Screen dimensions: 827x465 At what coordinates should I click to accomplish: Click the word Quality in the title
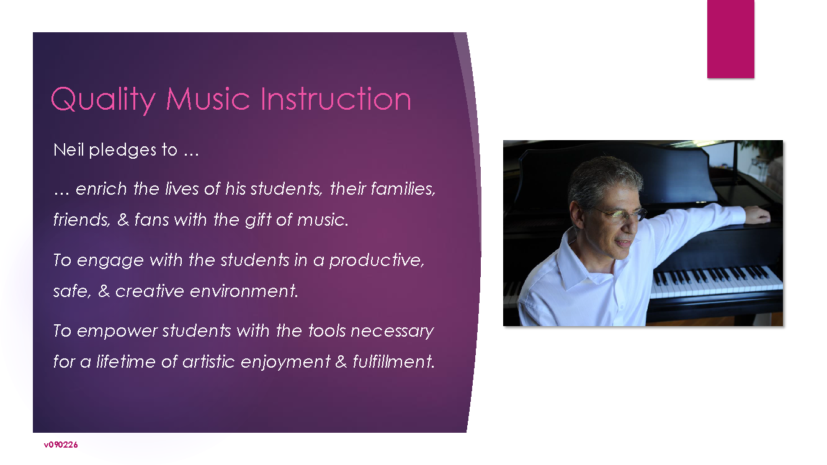coord(103,100)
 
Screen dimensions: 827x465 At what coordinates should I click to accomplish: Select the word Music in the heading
coord(208,99)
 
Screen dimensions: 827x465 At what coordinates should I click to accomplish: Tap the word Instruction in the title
coord(336,99)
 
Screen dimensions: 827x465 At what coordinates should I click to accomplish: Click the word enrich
coord(102,188)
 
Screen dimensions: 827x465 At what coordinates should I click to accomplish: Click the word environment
coord(244,291)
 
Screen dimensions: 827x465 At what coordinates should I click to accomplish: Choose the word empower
coord(117,332)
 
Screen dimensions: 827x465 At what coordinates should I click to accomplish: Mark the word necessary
coord(392,332)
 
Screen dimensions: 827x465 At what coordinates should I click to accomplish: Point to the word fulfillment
coord(393,361)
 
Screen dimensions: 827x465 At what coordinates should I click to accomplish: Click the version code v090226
coord(61,445)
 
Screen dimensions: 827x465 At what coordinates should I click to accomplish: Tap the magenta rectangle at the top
coord(731,38)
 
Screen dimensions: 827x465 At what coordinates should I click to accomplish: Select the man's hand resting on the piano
coord(758,215)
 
